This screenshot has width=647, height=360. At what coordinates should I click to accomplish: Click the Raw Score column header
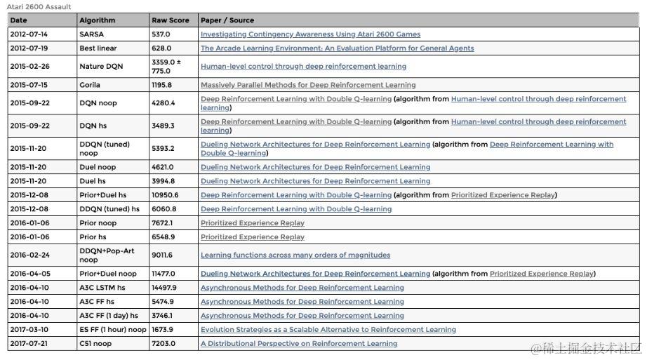coord(171,20)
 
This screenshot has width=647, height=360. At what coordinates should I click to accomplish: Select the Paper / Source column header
coord(227,20)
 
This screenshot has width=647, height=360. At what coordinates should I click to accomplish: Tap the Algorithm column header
coord(98,20)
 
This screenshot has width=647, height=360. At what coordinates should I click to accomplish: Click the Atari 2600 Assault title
coord(39,7)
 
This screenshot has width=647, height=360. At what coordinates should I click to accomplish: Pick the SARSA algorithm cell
coord(92,34)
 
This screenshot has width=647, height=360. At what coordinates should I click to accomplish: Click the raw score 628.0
coord(161,48)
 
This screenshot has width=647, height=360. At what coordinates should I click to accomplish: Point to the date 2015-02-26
coord(29,67)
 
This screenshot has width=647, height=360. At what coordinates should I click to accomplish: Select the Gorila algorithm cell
coord(90,85)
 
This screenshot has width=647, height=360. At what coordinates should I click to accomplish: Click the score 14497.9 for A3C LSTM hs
coord(164,288)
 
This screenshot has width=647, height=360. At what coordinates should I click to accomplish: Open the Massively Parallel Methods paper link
coord(308,85)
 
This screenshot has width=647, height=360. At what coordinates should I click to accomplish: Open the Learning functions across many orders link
coord(295,255)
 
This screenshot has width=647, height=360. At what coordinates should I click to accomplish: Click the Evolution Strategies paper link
coord(328,330)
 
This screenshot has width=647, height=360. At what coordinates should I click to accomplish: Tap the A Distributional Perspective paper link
coord(299,344)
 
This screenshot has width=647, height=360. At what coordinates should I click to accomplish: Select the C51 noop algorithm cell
coord(95,344)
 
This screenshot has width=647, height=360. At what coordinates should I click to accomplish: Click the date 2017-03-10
coord(29,330)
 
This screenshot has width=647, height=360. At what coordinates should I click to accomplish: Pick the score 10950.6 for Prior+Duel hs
coord(165,195)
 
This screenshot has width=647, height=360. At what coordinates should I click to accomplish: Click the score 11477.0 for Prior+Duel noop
coord(164,274)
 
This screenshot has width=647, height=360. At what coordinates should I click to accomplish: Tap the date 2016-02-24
coord(29,255)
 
